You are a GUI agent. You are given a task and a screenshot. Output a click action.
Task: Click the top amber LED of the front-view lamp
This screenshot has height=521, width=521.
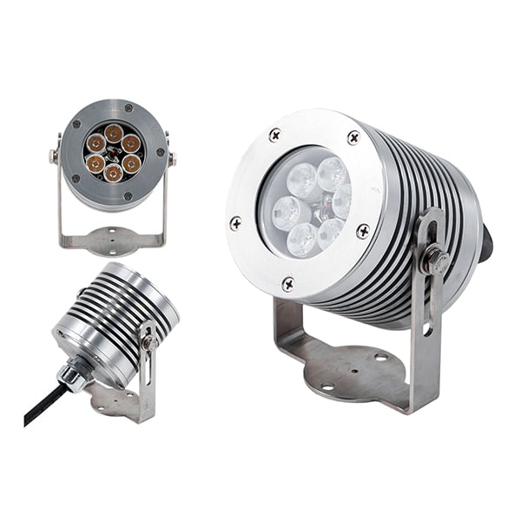[114, 133]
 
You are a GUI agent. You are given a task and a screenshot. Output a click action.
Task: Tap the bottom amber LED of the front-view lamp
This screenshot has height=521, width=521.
[113, 172]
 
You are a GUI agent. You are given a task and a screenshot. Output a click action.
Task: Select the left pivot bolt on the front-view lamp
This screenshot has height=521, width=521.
[55, 157]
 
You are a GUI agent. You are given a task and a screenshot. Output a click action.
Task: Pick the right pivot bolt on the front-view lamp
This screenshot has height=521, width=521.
[171, 159]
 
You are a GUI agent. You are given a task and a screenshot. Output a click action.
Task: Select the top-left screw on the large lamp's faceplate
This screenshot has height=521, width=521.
[275, 135]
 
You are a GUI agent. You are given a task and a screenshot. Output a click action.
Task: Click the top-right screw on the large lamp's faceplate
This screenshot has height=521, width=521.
[353, 137]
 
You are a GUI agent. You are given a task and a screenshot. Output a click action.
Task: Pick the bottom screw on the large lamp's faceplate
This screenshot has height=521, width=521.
[288, 283]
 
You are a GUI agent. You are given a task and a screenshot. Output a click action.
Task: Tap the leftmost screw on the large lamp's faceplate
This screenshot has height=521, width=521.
[235, 223]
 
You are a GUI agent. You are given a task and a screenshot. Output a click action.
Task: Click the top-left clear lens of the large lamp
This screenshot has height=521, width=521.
[301, 180]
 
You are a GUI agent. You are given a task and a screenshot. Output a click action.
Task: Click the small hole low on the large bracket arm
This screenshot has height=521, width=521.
[427, 329]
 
